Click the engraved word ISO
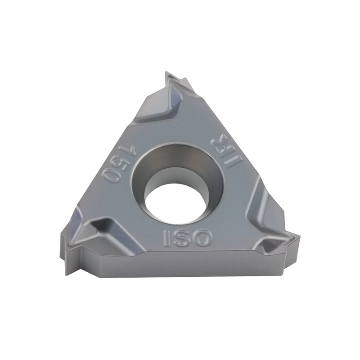[x=187, y=237]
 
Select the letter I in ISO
[x=166, y=238]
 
